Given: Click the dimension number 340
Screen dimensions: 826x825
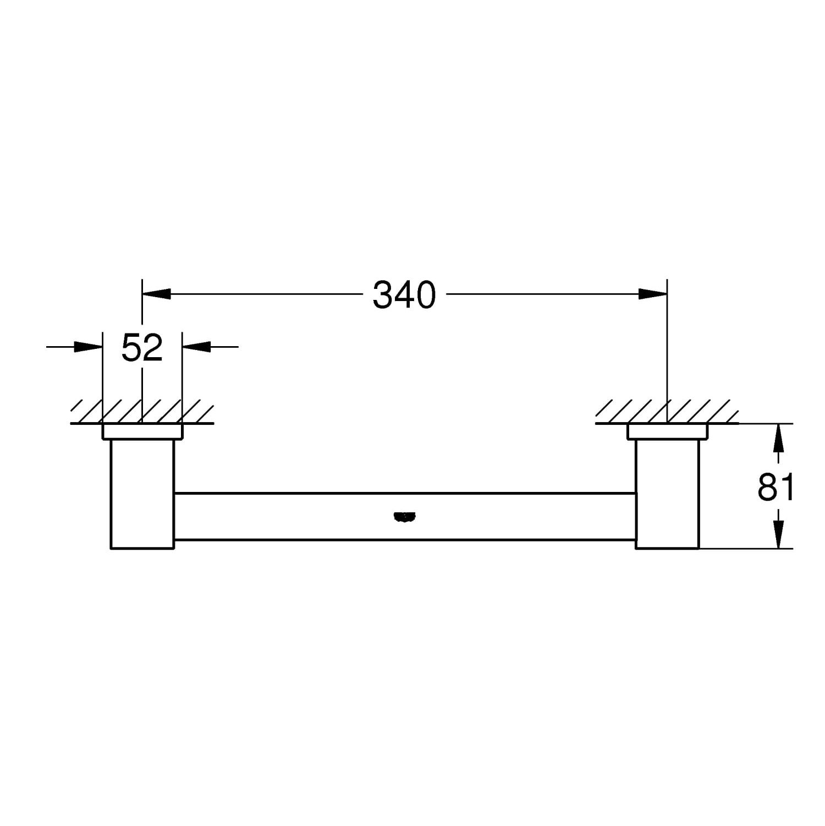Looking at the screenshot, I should click(x=404, y=295).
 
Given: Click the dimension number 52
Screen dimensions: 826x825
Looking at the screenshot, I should click(x=142, y=348).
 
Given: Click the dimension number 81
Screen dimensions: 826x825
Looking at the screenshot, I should click(x=776, y=486).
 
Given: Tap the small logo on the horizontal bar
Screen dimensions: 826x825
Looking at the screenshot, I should click(x=404, y=516).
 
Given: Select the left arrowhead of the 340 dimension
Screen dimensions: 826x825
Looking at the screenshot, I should click(x=157, y=294).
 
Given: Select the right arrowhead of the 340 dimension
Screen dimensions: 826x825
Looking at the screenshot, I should click(x=652, y=294).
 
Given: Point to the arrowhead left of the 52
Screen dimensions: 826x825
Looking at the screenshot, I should click(x=88, y=347).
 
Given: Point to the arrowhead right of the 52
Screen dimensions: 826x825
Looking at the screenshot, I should click(x=197, y=347).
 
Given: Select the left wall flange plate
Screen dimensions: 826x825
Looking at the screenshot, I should click(x=142, y=432).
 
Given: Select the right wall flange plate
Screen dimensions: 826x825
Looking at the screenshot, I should click(x=667, y=432).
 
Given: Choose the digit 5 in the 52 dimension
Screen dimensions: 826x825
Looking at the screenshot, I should click(x=131, y=348).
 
